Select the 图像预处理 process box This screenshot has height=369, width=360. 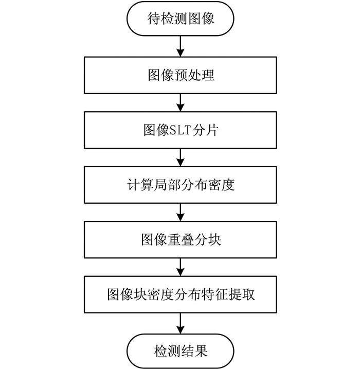(x=181, y=75)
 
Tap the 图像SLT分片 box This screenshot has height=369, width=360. (x=181, y=130)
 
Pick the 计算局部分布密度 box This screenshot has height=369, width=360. (x=181, y=185)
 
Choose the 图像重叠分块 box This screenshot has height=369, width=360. (x=181, y=239)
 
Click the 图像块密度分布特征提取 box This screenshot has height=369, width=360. (x=181, y=294)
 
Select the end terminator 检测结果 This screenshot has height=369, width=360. (x=181, y=352)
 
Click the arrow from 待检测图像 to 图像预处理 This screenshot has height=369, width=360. (x=181, y=47)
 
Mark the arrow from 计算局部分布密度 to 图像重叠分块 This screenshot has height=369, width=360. (x=181, y=212)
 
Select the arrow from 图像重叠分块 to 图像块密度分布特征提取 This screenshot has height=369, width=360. (x=181, y=267)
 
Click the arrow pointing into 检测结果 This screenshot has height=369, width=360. (x=181, y=323)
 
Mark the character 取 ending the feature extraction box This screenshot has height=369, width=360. (x=248, y=294)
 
